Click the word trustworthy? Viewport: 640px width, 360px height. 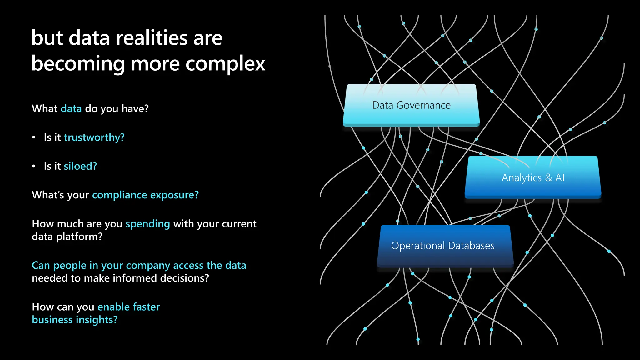tap(94, 137)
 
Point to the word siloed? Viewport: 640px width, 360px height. tap(80, 166)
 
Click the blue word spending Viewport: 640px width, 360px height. tap(147, 224)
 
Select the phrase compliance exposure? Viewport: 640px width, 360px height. tap(145, 195)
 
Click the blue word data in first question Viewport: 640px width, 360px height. tap(71, 109)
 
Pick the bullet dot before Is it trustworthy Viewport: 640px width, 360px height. tap(34, 137)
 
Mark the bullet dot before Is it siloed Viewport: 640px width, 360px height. tap(34, 166)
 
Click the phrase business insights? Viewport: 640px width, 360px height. tap(75, 320)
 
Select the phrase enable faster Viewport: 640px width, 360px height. tap(128, 307)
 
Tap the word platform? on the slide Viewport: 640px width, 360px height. tap(79, 237)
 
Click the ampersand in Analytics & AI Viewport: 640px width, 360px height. tap(548, 178)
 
